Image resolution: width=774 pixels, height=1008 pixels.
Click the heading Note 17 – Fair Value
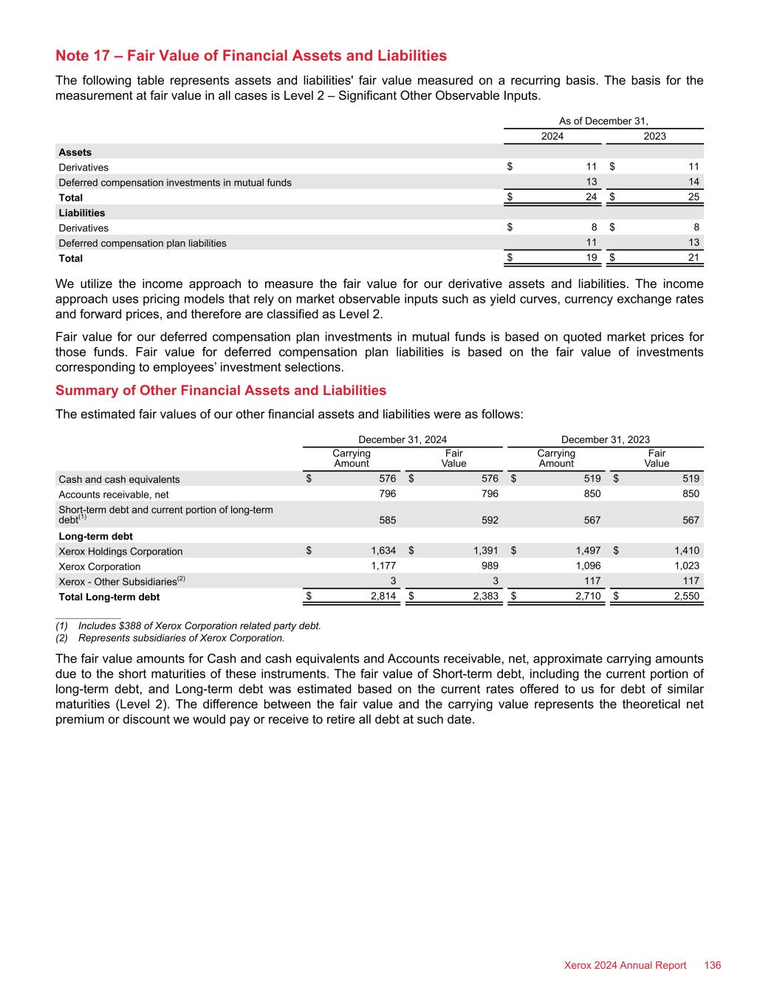click(x=251, y=55)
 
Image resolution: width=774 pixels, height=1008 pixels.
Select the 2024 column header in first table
click(x=552, y=136)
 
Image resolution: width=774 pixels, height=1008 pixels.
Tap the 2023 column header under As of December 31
click(x=654, y=136)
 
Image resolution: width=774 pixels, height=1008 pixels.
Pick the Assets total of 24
click(x=590, y=198)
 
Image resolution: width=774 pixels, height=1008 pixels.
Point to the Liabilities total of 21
click(x=693, y=258)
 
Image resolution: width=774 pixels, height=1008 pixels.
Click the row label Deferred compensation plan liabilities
click(x=143, y=243)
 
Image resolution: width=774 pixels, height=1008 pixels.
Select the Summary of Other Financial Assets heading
click(x=221, y=390)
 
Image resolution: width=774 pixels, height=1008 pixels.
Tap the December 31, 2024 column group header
click(x=403, y=439)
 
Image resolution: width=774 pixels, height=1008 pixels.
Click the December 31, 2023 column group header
click(x=606, y=439)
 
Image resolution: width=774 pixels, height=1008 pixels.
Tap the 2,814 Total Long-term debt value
click(x=383, y=597)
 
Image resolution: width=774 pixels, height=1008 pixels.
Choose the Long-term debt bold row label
click(x=95, y=536)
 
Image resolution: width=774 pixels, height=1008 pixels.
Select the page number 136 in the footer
click(x=713, y=965)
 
